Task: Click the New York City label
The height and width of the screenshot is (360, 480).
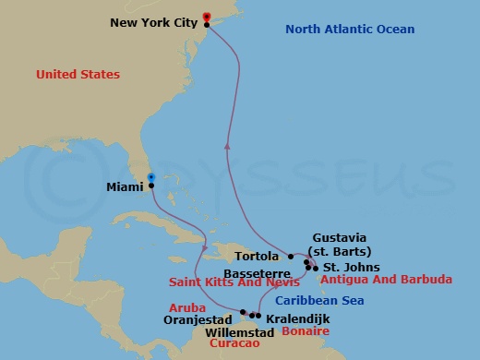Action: [154, 22]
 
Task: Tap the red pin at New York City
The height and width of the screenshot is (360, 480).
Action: [206, 17]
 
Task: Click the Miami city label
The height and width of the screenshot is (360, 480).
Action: [125, 186]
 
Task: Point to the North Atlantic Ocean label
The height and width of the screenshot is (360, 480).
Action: [350, 30]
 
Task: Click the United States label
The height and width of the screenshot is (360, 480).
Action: [78, 74]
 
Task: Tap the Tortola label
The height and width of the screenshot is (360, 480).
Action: [259, 257]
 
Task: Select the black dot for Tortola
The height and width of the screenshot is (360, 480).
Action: [290, 257]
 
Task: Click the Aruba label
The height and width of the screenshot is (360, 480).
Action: [186, 307]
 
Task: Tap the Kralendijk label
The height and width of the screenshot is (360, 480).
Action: [295, 317]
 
